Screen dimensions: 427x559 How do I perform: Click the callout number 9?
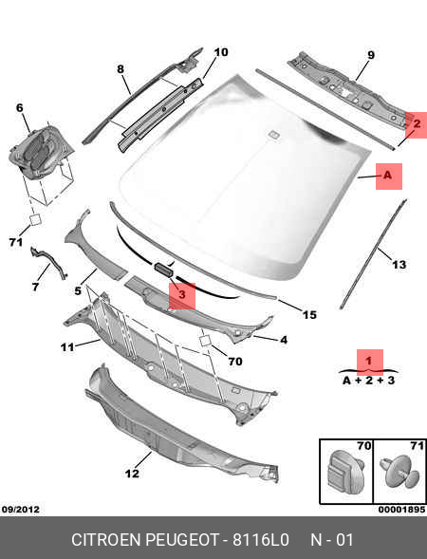(371, 55)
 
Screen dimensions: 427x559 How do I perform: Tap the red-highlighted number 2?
(417, 124)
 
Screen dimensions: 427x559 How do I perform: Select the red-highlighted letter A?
(387, 175)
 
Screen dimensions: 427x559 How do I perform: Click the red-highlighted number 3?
(182, 295)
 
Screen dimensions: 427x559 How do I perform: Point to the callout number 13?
(399, 265)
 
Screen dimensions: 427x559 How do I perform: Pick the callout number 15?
(309, 315)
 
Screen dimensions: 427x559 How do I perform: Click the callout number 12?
(132, 474)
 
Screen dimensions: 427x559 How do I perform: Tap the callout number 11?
(67, 346)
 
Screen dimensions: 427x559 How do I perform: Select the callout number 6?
(20, 107)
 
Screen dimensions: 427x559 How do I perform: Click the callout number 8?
(121, 68)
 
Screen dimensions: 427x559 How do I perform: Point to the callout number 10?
(221, 52)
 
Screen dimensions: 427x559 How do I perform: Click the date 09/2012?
(20, 509)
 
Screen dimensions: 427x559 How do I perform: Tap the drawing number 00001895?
(401, 510)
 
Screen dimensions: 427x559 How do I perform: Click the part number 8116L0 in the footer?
(261, 540)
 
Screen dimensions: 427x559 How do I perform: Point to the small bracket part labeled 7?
(49, 263)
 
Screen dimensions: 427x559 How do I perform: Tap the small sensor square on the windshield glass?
(274, 135)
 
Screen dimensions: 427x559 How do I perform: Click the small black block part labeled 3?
(163, 270)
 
